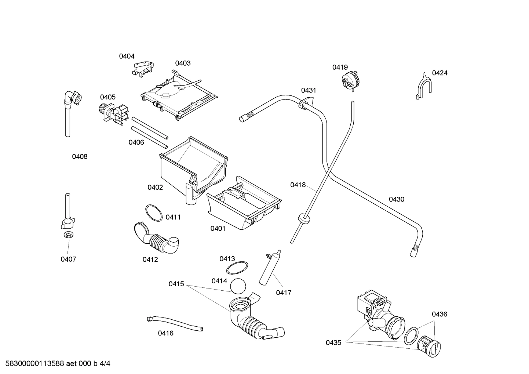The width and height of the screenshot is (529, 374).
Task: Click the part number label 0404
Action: [x=127, y=56]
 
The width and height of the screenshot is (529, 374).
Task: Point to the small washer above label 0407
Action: [x=68, y=235]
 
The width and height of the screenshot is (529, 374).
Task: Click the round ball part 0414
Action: [x=238, y=286]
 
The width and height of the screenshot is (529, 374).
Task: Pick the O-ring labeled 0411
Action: [x=153, y=213]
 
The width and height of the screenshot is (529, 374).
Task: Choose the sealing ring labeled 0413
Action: [x=237, y=268]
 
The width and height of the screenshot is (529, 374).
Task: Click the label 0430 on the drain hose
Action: [x=396, y=199]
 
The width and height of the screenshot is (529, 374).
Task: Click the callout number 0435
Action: [x=333, y=343]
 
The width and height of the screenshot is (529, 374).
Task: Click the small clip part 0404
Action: [x=143, y=69]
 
